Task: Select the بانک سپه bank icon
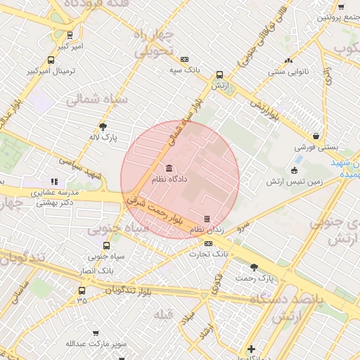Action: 184,60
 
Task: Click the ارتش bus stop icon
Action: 220,75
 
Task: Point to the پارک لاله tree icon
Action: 104,127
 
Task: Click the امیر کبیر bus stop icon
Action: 70,35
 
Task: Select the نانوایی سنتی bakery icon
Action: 288,61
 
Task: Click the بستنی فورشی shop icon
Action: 316,136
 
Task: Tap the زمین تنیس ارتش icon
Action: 294,171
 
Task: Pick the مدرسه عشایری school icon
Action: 55,181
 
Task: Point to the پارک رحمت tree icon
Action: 254,267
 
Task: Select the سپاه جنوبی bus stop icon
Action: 106,245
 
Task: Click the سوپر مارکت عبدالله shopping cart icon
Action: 96,333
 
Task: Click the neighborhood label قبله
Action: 163,314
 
